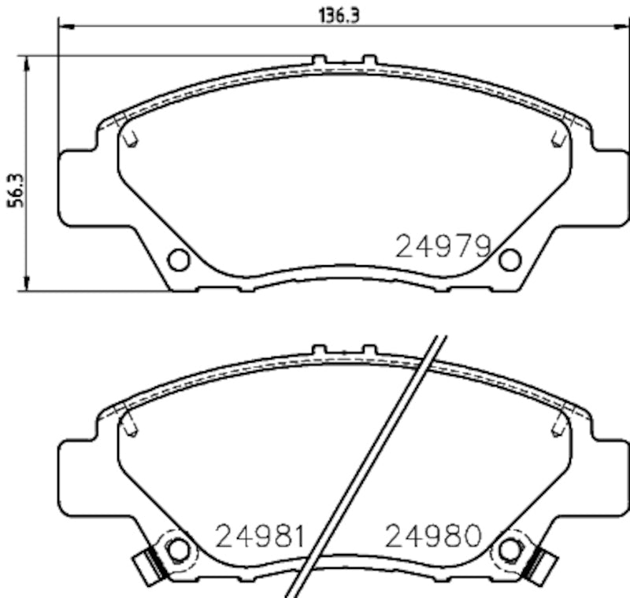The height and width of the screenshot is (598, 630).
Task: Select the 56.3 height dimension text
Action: [x=14, y=190]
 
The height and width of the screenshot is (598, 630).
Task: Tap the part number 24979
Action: [x=443, y=246]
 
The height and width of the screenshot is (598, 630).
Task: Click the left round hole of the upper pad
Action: [x=179, y=259]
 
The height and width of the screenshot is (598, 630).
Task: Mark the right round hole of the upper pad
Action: [x=510, y=259]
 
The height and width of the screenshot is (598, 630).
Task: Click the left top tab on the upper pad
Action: [x=318, y=60]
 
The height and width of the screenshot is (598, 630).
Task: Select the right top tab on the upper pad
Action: [x=369, y=60]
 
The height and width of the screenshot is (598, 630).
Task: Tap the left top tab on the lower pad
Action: [x=318, y=349]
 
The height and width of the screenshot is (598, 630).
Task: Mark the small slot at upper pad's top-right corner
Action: [x=558, y=138]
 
